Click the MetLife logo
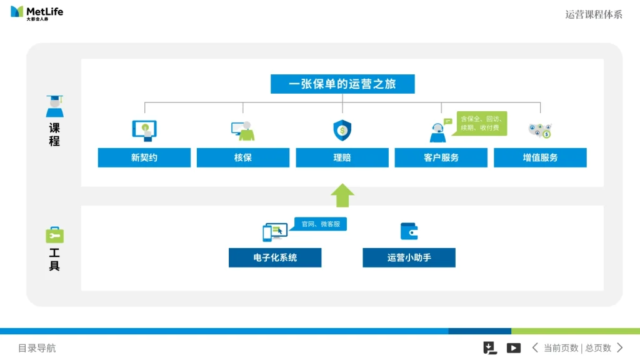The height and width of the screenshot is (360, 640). pyautogui.click(x=37, y=12)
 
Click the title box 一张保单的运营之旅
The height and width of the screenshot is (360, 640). pyautogui.click(x=342, y=84)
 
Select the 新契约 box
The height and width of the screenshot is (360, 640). pyautogui.click(x=144, y=157)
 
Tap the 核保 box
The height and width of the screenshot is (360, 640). pyautogui.click(x=243, y=157)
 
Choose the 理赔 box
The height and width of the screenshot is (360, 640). pyautogui.click(x=342, y=157)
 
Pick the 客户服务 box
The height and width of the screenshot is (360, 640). pyautogui.click(x=441, y=157)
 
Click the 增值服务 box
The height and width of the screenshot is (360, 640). pyautogui.click(x=540, y=157)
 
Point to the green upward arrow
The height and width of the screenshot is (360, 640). pyautogui.click(x=342, y=195)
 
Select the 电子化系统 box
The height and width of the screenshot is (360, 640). pyautogui.click(x=275, y=257)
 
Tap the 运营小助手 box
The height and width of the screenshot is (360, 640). pyautogui.click(x=409, y=257)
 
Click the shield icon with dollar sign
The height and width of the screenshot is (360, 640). pyautogui.click(x=342, y=131)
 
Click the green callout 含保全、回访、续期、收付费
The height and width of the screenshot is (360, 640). pyautogui.click(x=482, y=123)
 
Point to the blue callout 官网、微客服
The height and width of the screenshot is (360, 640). pyautogui.click(x=321, y=224)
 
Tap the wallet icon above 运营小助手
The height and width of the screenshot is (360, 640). pyautogui.click(x=409, y=231)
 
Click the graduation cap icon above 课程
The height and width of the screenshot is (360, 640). pyautogui.click(x=54, y=106)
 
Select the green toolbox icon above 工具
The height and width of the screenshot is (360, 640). pyautogui.click(x=54, y=235)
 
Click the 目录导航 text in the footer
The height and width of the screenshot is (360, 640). pyautogui.click(x=37, y=348)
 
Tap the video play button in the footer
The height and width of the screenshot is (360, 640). pyautogui.click(x=514, y=348)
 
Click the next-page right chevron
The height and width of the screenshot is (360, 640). pyautogui.click(x=620, y=348)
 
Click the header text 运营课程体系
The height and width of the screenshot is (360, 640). pyautogui.click(x=594, y=14)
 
